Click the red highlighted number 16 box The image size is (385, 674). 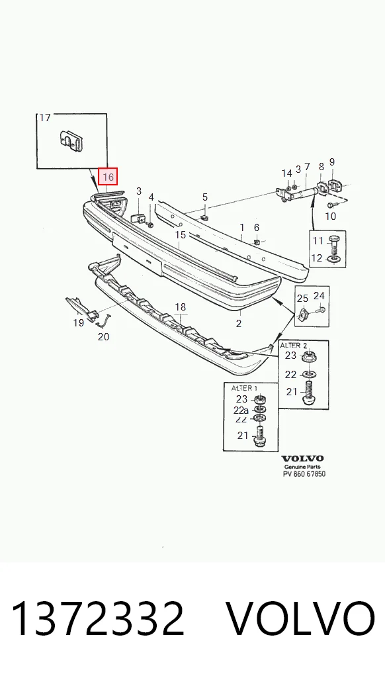108,177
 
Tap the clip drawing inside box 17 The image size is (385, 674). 71,140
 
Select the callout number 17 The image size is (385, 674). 45,118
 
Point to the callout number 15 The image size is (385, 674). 181,234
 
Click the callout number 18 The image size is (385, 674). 181,307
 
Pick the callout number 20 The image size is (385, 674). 104,336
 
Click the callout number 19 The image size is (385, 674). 78,322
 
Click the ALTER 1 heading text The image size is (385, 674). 245,388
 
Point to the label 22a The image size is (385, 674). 241,410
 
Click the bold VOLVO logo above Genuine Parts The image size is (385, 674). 302,459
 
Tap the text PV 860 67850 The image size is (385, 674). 304,474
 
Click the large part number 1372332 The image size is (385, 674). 98,618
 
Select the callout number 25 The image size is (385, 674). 302,298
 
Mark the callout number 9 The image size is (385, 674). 331,162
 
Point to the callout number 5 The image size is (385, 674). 205,197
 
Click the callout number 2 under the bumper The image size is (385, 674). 239,324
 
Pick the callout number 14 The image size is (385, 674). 286,173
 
